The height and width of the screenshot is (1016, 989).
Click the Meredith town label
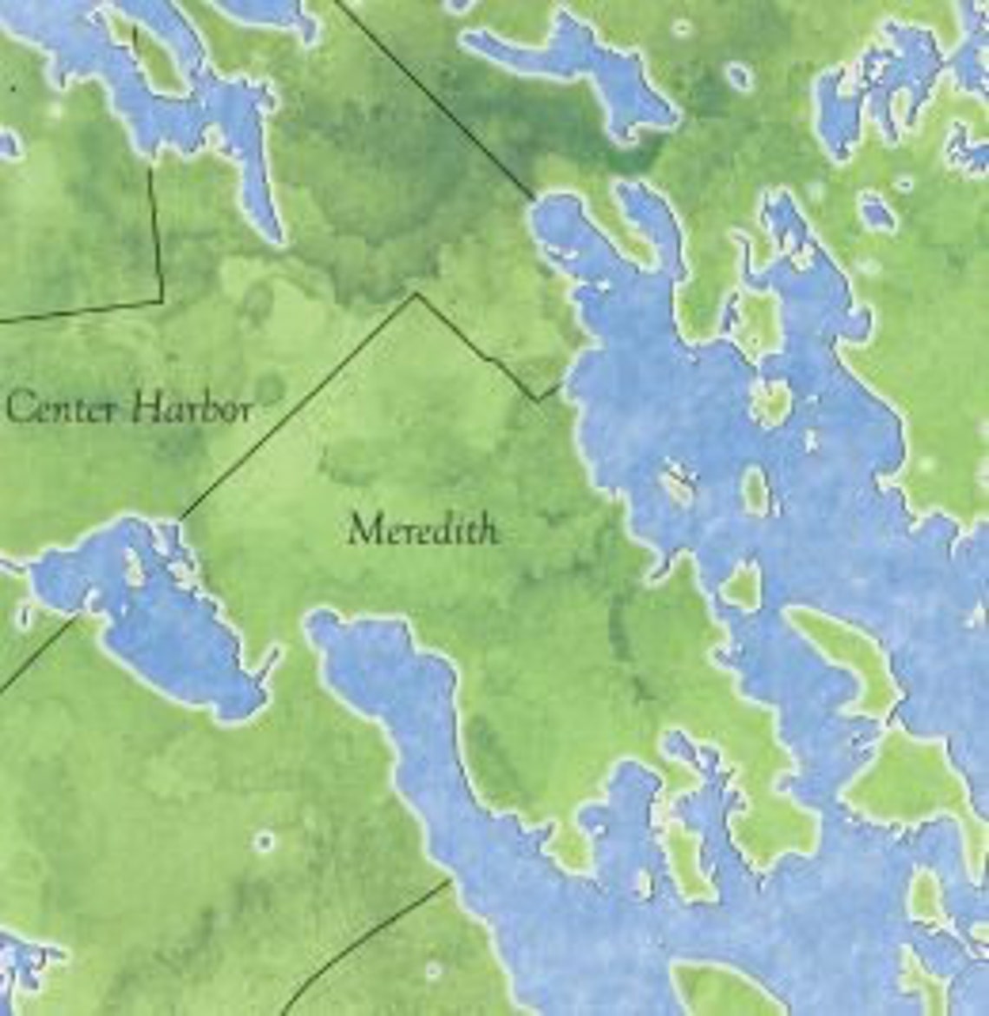coord(423,528)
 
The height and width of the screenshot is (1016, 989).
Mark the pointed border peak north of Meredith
coord(416,295)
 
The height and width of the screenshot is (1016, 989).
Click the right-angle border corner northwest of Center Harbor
coord(161,300)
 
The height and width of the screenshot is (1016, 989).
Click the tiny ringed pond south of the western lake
coord(264,841)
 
